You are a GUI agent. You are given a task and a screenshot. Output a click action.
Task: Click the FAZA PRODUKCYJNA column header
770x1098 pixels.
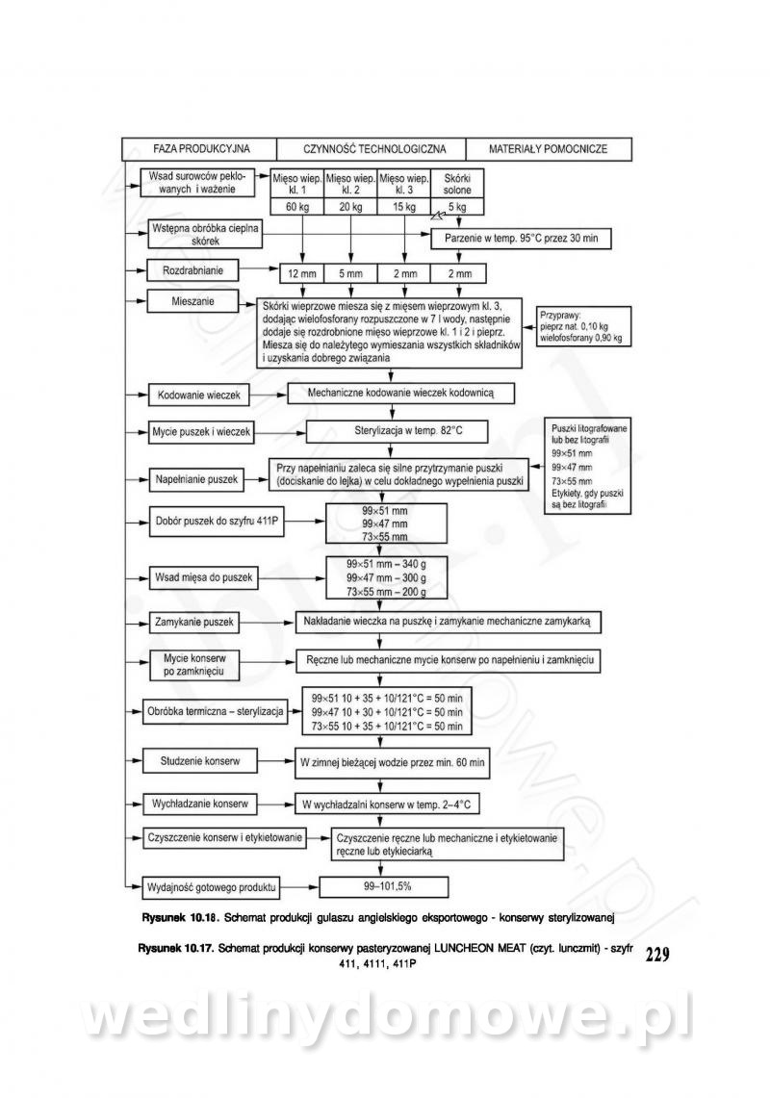201,149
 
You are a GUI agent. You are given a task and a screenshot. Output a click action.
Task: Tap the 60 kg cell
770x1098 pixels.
296,207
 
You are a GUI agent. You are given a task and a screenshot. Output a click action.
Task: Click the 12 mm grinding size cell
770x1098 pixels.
302,273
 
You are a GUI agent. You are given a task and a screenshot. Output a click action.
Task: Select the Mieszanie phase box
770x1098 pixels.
193,301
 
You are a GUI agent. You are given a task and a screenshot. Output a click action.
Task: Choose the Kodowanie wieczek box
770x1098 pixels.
200,396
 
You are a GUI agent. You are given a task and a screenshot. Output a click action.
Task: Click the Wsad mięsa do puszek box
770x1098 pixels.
203,577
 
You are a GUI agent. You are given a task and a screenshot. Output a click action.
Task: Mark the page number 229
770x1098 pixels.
657,956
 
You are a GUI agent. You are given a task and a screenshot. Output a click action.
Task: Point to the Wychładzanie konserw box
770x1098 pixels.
199,802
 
